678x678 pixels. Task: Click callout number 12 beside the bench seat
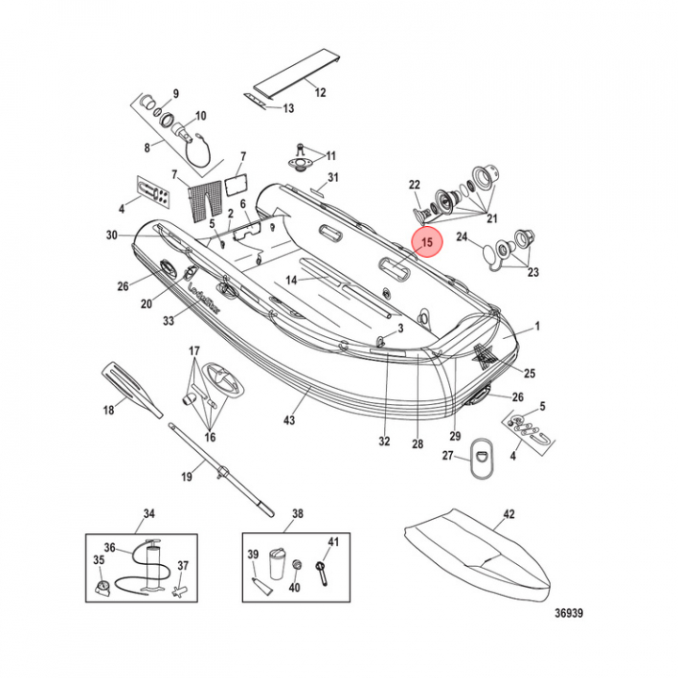[319, 92]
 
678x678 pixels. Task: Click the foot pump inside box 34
[152, 564]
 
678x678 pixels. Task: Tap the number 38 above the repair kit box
[298, 514]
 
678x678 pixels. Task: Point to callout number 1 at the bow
[539, 327]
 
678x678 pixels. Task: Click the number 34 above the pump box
[149, 514]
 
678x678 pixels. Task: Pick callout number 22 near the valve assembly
[413, 185]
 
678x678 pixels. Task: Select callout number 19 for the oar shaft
[186, 476]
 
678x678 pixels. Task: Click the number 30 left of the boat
[112, 235]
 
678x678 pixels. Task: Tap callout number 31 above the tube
[332, 178]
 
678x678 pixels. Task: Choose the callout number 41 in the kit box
[332, 541]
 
